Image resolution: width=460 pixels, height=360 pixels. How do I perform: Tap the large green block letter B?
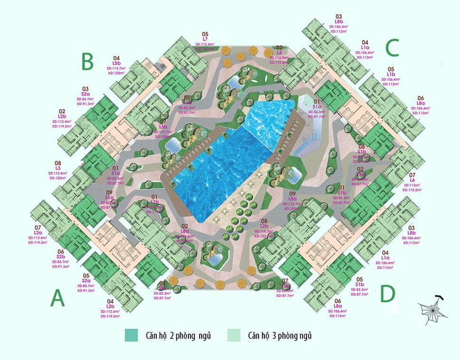pos(87,61)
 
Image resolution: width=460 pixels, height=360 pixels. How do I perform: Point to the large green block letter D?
pos(388,294)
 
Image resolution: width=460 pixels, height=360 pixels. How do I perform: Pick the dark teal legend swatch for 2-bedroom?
pos(131,336)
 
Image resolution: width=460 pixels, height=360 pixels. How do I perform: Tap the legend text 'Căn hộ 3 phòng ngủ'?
pos(279,336)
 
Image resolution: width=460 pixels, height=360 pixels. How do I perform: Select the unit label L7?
pos(205,39)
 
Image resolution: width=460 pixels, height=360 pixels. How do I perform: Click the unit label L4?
pos(279,52)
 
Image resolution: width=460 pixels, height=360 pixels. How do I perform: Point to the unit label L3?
pos(58,168)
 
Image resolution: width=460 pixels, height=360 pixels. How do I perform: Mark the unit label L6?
pos(412,180)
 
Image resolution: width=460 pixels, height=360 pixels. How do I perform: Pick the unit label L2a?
pos(38,233)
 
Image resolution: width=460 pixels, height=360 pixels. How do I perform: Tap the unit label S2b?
pos(61,256)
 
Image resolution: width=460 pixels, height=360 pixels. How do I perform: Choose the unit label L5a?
pos(293,199)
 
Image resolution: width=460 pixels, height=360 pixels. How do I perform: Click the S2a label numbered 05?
pos(86,280)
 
